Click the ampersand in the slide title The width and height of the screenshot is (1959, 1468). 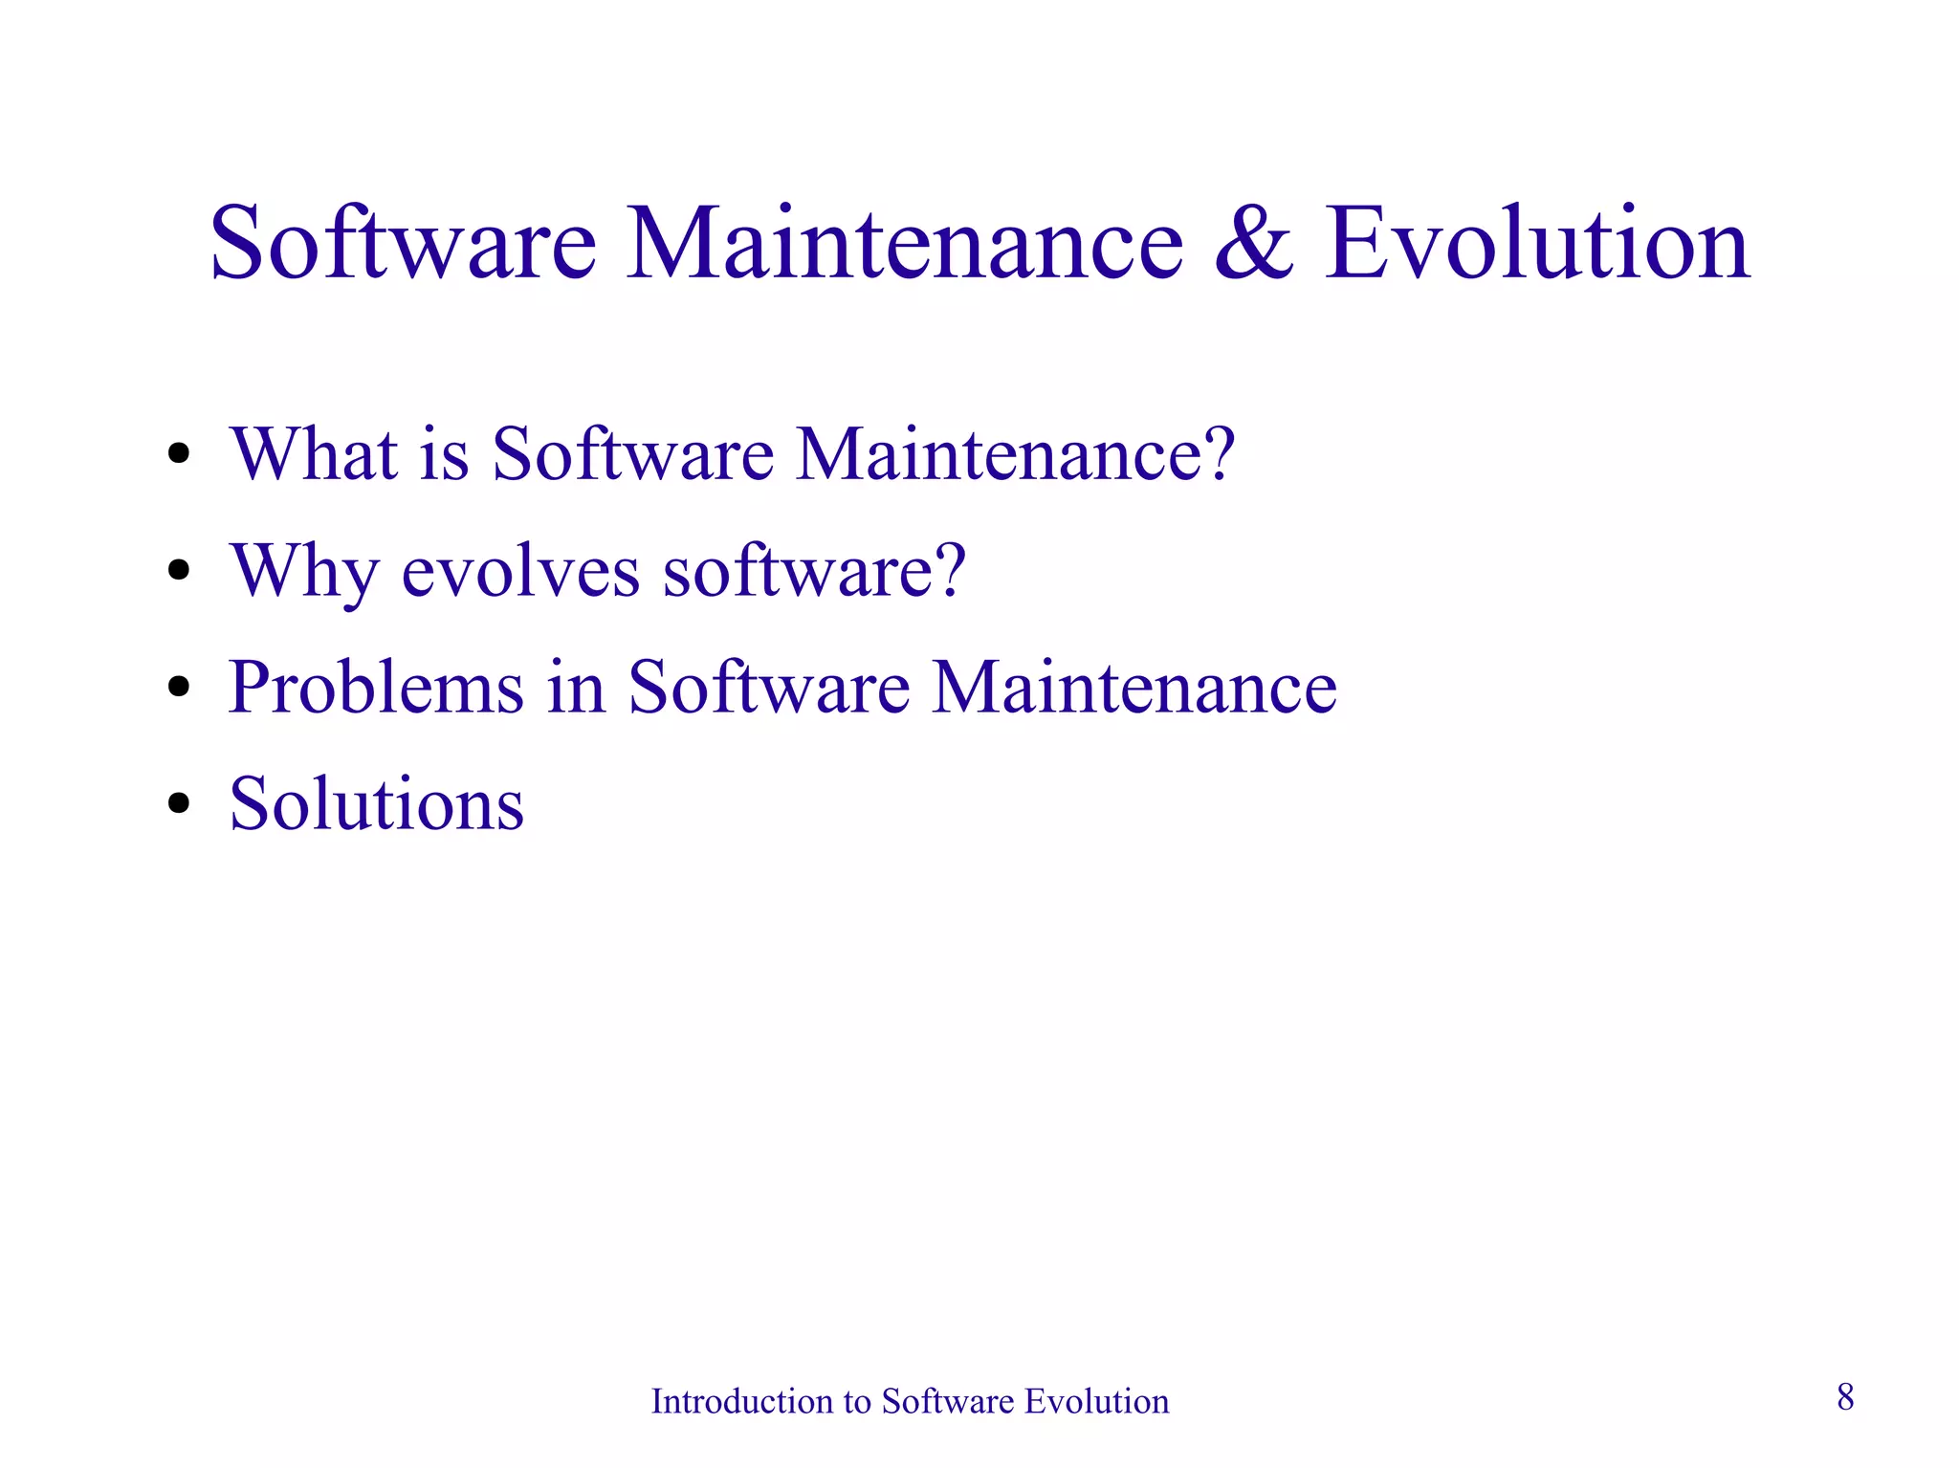(x=1254, y=245)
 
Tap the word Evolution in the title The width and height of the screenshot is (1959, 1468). (x=1537, y=245)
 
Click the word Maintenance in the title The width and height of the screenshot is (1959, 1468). (x=905, y=245)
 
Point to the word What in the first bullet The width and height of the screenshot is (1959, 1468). (x=314, y=453)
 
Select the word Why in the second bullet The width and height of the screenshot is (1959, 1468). (x=304, y=572)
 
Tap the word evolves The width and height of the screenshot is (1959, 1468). (x=520, y=572)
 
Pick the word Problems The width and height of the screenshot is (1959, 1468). (x=376, y=687)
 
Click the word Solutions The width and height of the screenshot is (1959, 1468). (x=377, y=803)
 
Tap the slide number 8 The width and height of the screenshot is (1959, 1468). (x=1845, y=1397)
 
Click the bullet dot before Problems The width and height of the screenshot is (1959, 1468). (x=179, y=688)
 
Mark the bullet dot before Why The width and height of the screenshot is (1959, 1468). (x=179, y=571)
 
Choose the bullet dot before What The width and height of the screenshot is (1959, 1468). (x=179, y=454)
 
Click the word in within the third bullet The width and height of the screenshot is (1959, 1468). (x=577, y=687)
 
